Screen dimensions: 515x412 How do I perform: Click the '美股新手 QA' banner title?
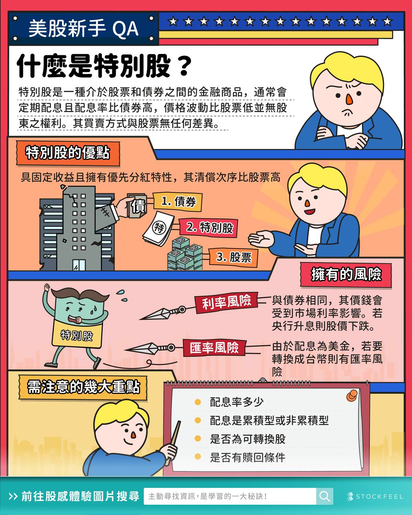(x=83, y=29)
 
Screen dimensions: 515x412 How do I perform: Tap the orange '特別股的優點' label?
(x=68, y=153)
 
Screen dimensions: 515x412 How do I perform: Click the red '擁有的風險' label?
(x=346, y=275)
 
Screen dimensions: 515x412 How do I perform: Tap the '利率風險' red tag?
(x=226, y=302)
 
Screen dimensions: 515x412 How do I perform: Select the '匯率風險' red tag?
(x=214, y=348)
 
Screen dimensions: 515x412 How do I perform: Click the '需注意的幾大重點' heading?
(x=83, y=387)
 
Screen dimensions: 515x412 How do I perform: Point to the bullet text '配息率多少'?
(x=237, y=402)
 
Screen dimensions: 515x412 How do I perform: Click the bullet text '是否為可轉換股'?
(x=248, y=439)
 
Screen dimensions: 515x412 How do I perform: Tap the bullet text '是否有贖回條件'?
(x=248, y=457)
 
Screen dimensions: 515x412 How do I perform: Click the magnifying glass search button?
(x=324, y=496)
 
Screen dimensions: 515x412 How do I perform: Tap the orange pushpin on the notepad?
(x=352, y=396)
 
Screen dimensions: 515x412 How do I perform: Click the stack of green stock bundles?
(x=185, y=254)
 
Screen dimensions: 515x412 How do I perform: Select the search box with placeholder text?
(x=229, y=496)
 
